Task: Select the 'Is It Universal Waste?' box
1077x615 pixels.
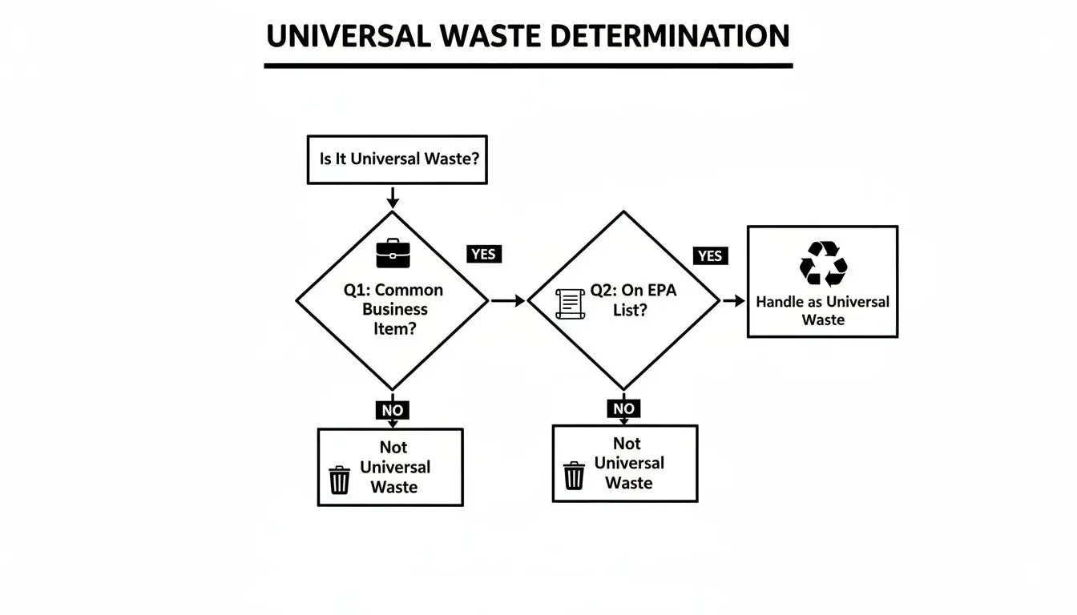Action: (397, 159)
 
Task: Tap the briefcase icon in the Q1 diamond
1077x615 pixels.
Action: (393, 254)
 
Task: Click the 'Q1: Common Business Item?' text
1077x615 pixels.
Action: (392, 309)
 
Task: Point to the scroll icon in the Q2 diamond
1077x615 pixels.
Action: (570, 303)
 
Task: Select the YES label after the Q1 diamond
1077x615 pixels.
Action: (483, 254)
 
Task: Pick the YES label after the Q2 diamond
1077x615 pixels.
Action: (710, 255)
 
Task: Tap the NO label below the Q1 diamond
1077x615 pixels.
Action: (392, 410)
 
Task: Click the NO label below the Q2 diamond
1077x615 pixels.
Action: (623, 408)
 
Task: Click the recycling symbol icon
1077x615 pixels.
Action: (823, 263)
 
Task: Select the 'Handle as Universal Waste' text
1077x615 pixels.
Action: (822, 311)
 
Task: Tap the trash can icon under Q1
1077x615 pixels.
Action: (340, 480)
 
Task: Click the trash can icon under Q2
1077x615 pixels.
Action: (574, 475)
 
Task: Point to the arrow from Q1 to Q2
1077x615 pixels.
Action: (506, 301)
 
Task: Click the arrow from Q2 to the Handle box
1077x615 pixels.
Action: (733, 301)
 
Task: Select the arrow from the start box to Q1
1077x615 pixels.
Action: (392, 197)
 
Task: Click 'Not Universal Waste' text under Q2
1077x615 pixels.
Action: (629, 463)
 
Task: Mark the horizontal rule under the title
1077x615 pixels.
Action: (528, 65)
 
